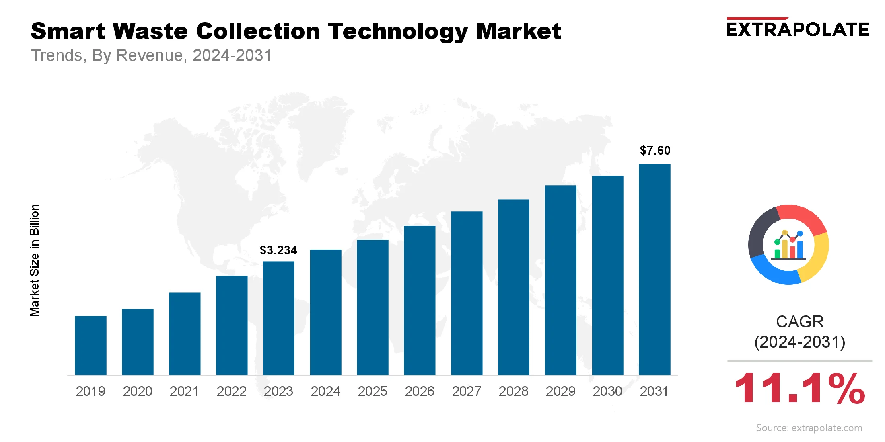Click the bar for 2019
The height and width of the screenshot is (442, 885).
coord(91,346)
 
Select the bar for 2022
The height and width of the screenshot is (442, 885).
coord(232,325)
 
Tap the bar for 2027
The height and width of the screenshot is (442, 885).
coord(467,293)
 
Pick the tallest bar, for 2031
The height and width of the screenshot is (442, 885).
coord(654,269)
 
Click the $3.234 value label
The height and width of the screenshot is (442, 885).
coord(278,250)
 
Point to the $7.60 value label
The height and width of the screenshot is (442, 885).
coord(655,151)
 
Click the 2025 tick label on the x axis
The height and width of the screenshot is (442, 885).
coord(373,391)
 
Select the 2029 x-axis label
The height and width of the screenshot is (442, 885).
coord(560,391)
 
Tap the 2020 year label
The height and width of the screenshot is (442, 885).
coord(138,391)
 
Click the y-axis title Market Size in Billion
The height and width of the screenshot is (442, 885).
coord(35,260)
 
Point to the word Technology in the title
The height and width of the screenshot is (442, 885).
coord(398,32)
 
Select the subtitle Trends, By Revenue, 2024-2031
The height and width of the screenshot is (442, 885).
coord(151,55)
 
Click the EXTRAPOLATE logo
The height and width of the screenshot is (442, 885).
coord(798,29)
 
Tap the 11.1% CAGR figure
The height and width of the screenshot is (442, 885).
coord(799,389)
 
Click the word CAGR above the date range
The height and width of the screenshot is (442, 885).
coord(800,322)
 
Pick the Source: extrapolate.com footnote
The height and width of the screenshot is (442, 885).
coord(809,428)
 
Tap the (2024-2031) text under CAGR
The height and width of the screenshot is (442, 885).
coord(800,342)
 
